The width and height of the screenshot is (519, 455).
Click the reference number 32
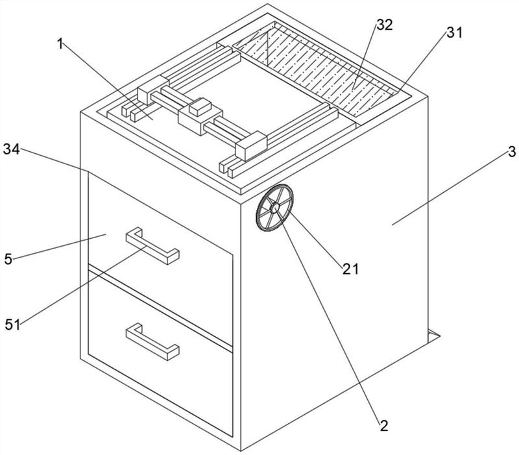(x=385, y=25)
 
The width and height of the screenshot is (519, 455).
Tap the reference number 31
(x=454, y=32)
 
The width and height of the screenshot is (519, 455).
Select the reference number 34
(x=11, y=149)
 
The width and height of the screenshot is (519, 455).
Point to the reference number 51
(x=12, y=325)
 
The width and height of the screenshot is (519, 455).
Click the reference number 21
(x=350, y=269)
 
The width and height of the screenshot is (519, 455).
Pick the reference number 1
(x=60, y=43)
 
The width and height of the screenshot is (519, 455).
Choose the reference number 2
(x=384, y=426)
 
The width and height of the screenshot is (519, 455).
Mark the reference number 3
(x=512, y=152)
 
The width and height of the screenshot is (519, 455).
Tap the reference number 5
(x=8, y=259)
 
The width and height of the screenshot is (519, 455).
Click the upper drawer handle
(x=152, y=247)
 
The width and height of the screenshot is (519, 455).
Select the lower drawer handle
(x=152, y=343)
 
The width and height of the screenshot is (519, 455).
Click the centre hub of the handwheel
(x=274, y=208)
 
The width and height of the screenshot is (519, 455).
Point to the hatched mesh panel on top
(x=316, y=69)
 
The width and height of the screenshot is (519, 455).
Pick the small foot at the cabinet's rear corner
(x=433, y=336)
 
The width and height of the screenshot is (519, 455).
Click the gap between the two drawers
(x=160, y=307)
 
